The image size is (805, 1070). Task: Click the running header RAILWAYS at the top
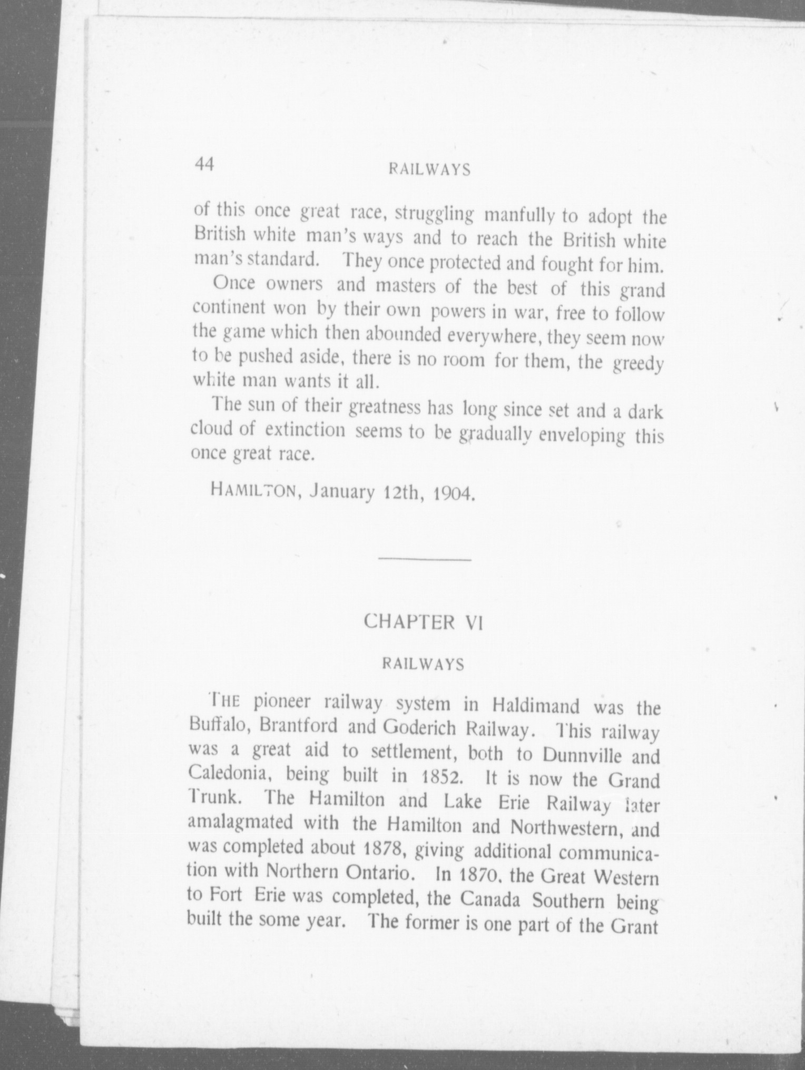[x=428, y=170]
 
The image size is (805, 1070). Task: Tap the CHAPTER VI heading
[x=424, y=622]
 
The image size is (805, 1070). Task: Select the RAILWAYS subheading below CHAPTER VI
[x=424, y=664]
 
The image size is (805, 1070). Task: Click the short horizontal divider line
[x=424, y=559]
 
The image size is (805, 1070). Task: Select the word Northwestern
[x=567, y=827]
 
